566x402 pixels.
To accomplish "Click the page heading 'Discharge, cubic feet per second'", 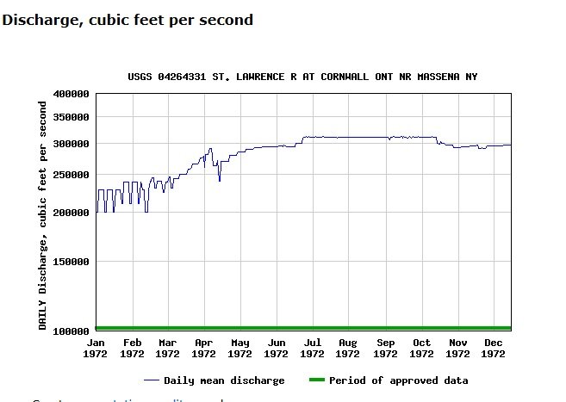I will click(128, 19).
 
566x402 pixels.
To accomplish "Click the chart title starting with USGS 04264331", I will click(302, 77).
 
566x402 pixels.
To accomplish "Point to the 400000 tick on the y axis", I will click(71, 94).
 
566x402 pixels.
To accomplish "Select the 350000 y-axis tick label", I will click(71, 117).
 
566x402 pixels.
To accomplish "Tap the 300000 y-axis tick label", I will click(71, 144).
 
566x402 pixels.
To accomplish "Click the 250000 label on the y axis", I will click(71, 175).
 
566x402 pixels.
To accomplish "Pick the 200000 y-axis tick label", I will click(71, 213).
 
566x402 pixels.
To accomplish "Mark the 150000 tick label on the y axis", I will click(71, 262).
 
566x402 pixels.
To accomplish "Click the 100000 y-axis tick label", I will click(71, 331).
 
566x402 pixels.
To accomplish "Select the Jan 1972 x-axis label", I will click(96, 348).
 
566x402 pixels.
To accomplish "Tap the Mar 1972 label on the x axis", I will click(167, 348).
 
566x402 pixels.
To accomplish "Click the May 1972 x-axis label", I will click(239, 348).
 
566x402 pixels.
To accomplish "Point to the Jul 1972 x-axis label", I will click(312, 348).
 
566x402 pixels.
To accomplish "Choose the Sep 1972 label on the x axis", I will click(385, 348).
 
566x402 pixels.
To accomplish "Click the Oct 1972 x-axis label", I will click(421, 348).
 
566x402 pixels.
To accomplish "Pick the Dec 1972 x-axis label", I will click(494, 348).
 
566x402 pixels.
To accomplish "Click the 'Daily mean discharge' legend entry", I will click(224, 380).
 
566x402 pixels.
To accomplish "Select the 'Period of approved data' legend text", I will click(398, 380).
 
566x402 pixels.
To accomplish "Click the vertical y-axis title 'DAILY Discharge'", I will click(42, 214).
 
